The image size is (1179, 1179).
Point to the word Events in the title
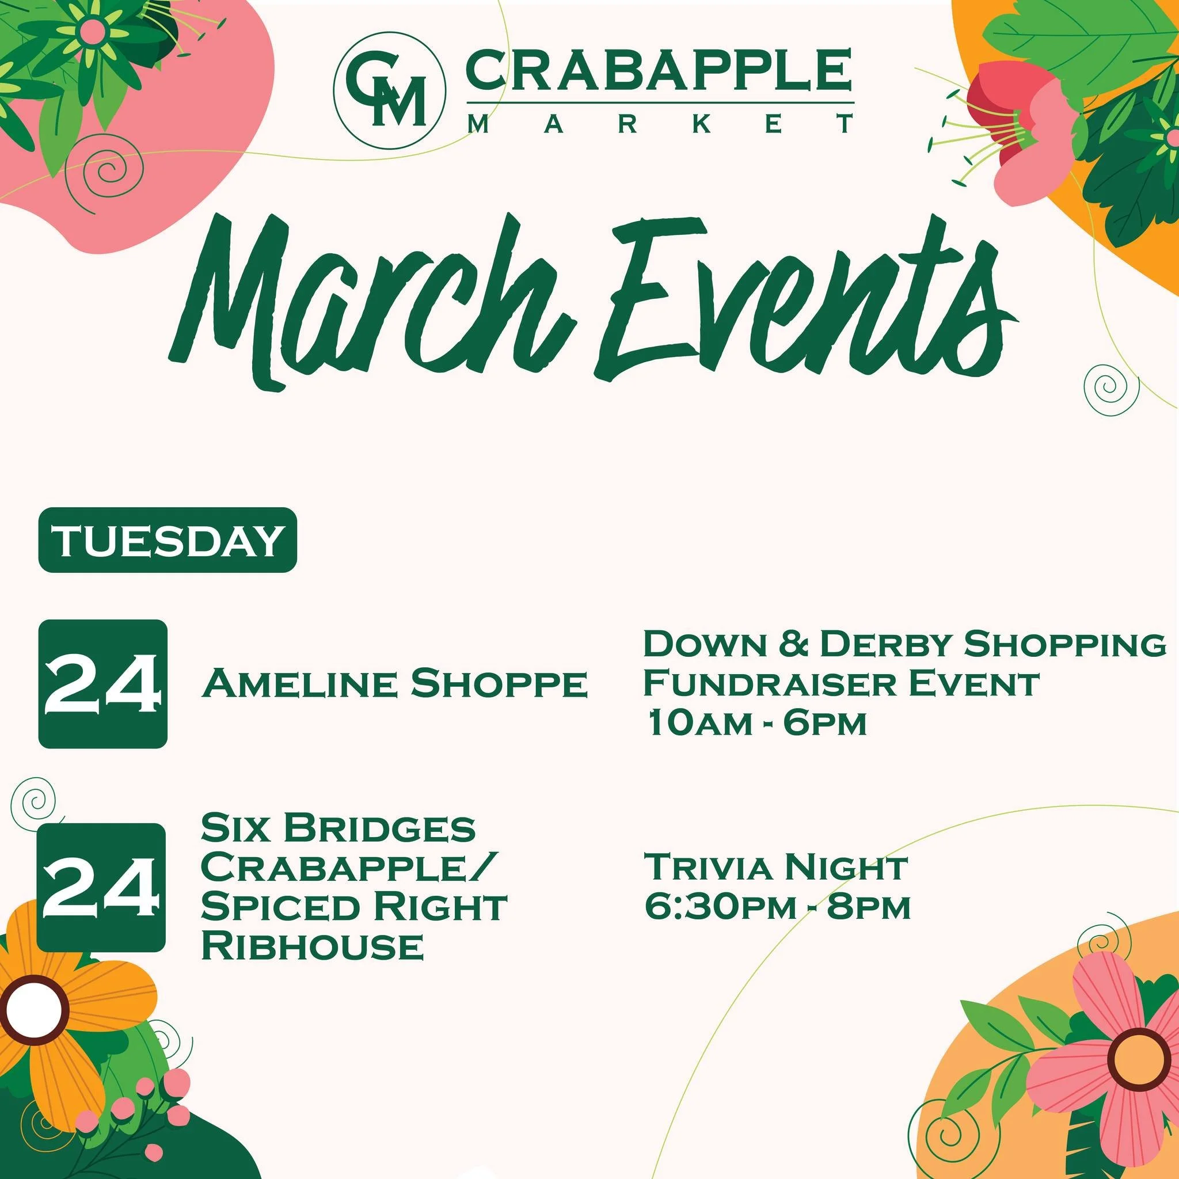[800, 299]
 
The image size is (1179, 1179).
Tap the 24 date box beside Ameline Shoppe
[102, 684]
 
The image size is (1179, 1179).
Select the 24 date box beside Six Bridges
[101, 887]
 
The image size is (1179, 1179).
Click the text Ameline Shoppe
[394, 684]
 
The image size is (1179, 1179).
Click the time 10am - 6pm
[756, 724]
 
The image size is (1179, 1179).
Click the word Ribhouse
[312, 946]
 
